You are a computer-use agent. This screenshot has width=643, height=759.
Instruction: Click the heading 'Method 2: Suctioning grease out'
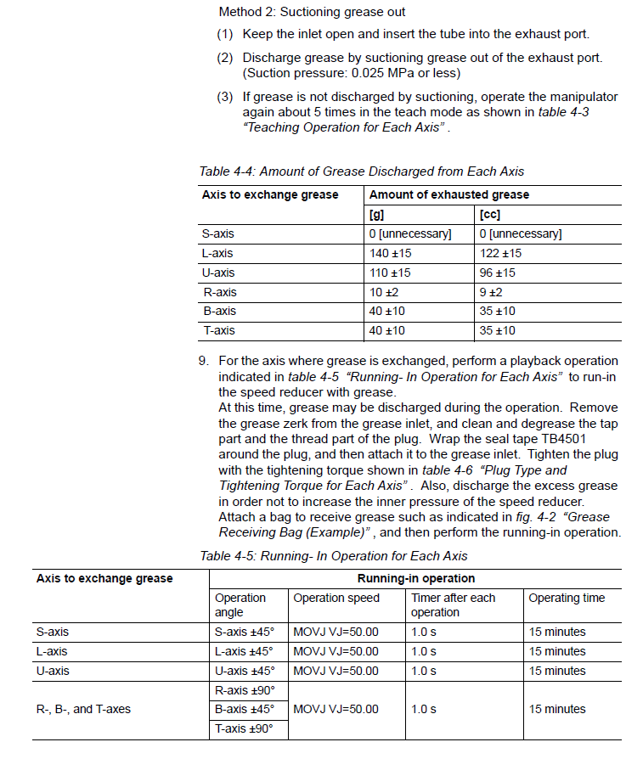pyautogui.click(x=312, y=12)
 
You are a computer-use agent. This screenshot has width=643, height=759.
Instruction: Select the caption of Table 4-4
pyautogui.click(x=361, y=171)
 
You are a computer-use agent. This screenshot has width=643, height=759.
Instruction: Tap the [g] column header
pyautogui.click(x=379, y=214)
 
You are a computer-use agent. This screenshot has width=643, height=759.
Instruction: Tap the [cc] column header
pyautogui.click(x=489, y=214)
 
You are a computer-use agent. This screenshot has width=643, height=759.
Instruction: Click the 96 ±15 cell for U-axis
pyautogui.click(x=500, y=273)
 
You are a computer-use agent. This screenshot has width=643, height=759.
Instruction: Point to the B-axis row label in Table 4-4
pyautogui.click(x=219, y=312)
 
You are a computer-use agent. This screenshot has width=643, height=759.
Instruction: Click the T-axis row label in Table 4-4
pyautogui.click(x=219, y=330)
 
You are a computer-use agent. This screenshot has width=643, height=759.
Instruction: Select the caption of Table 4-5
pyautogui.click(x=333, y=557)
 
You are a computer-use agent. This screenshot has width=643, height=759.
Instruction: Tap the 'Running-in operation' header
pyautogui.click(x=415, y=578)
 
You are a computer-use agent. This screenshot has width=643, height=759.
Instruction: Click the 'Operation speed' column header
pyautogui.click(x=336, y=598)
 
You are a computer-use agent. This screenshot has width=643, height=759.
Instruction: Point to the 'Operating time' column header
pyautogui.click(x=567, y=598)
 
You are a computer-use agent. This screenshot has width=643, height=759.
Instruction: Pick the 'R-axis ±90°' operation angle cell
pyautogui.click(x=245, y=689)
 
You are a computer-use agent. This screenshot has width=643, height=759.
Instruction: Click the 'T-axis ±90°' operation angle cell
pyautogui.click(x=245, y=728)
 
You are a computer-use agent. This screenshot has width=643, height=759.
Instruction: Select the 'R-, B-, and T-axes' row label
pyautogui.click(x=83, y=709)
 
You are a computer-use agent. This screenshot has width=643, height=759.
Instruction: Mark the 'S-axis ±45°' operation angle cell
pyautogui.click(x=245, y=632)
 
